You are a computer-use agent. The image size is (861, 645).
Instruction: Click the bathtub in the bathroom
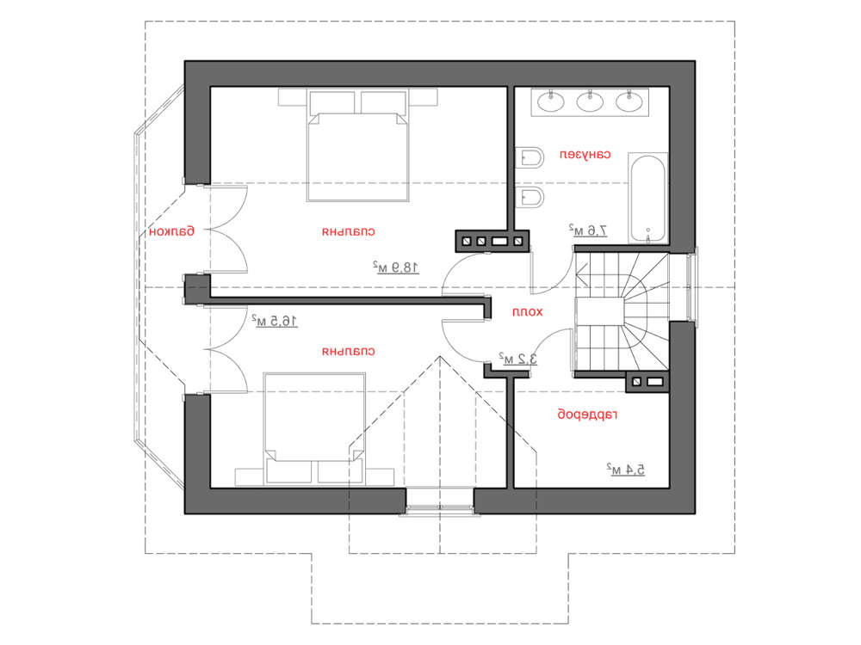[648, 198]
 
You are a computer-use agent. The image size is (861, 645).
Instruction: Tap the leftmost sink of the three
[550, 101]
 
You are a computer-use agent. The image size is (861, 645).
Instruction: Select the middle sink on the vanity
[590, 101]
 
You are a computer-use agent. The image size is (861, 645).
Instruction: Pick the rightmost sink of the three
[629, 101]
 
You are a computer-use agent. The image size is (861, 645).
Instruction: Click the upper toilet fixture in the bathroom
[530, 157]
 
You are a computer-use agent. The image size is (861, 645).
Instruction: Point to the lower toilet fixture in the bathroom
[530, 198]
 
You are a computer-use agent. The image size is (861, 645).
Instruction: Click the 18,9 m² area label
[396, 267]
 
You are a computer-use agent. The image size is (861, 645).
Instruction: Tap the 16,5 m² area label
[275, 320]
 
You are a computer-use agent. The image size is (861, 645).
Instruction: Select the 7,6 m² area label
[587, 230]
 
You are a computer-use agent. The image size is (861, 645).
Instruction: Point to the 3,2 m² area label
[517, 359]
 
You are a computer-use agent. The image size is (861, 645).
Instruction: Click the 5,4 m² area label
[626, 469]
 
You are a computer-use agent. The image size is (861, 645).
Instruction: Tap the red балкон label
[172, 231]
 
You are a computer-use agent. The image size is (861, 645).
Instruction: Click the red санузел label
[585, 155]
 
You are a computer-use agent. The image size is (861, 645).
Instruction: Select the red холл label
[527, 312]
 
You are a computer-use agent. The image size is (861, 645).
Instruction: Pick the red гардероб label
[587, 415]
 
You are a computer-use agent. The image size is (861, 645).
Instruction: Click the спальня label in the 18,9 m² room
[349, 232]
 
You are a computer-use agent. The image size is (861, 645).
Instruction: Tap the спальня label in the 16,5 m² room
[349, 352]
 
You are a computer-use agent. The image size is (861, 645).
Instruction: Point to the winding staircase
[622, 311]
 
